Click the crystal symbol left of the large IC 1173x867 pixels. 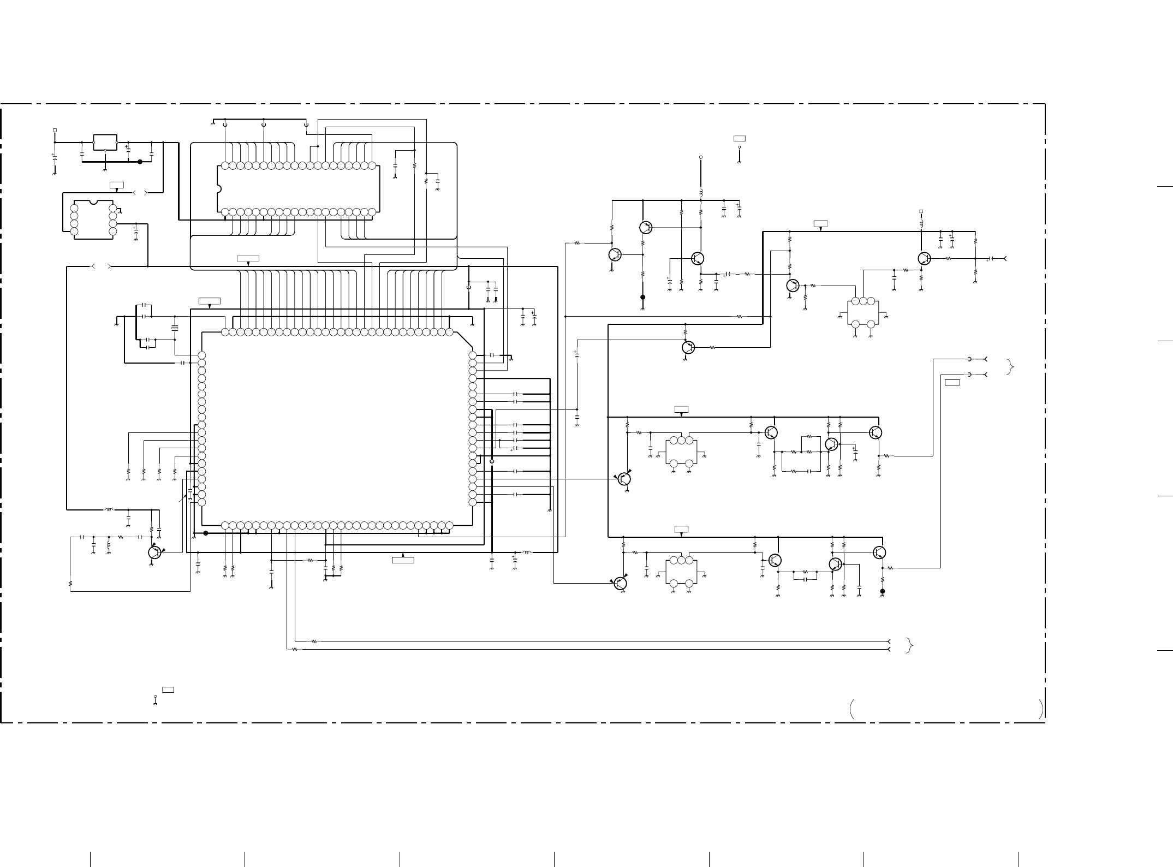click(175, 328)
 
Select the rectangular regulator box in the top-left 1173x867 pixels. click(105, 142)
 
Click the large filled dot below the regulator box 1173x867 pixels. click(140, 162)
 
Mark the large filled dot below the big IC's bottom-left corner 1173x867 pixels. click(206, 533)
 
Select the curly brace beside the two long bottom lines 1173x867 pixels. click(908, 645)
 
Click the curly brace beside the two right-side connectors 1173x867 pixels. click(1009, 367)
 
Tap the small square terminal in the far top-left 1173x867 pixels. click(55, 130)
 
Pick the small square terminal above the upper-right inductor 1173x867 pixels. click(921, 211)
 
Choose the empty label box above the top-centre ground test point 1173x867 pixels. click(740, 138)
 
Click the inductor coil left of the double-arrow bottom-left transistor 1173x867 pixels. click(109, 510)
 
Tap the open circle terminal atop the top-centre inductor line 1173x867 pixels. click(701, 157)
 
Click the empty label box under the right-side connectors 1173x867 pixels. click(952, 382)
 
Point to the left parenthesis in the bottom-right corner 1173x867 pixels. click(852, 709)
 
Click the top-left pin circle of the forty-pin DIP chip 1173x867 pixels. click(225, 165)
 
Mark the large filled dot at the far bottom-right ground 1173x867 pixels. click(882, 591)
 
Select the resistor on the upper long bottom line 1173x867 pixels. click(314, 642)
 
